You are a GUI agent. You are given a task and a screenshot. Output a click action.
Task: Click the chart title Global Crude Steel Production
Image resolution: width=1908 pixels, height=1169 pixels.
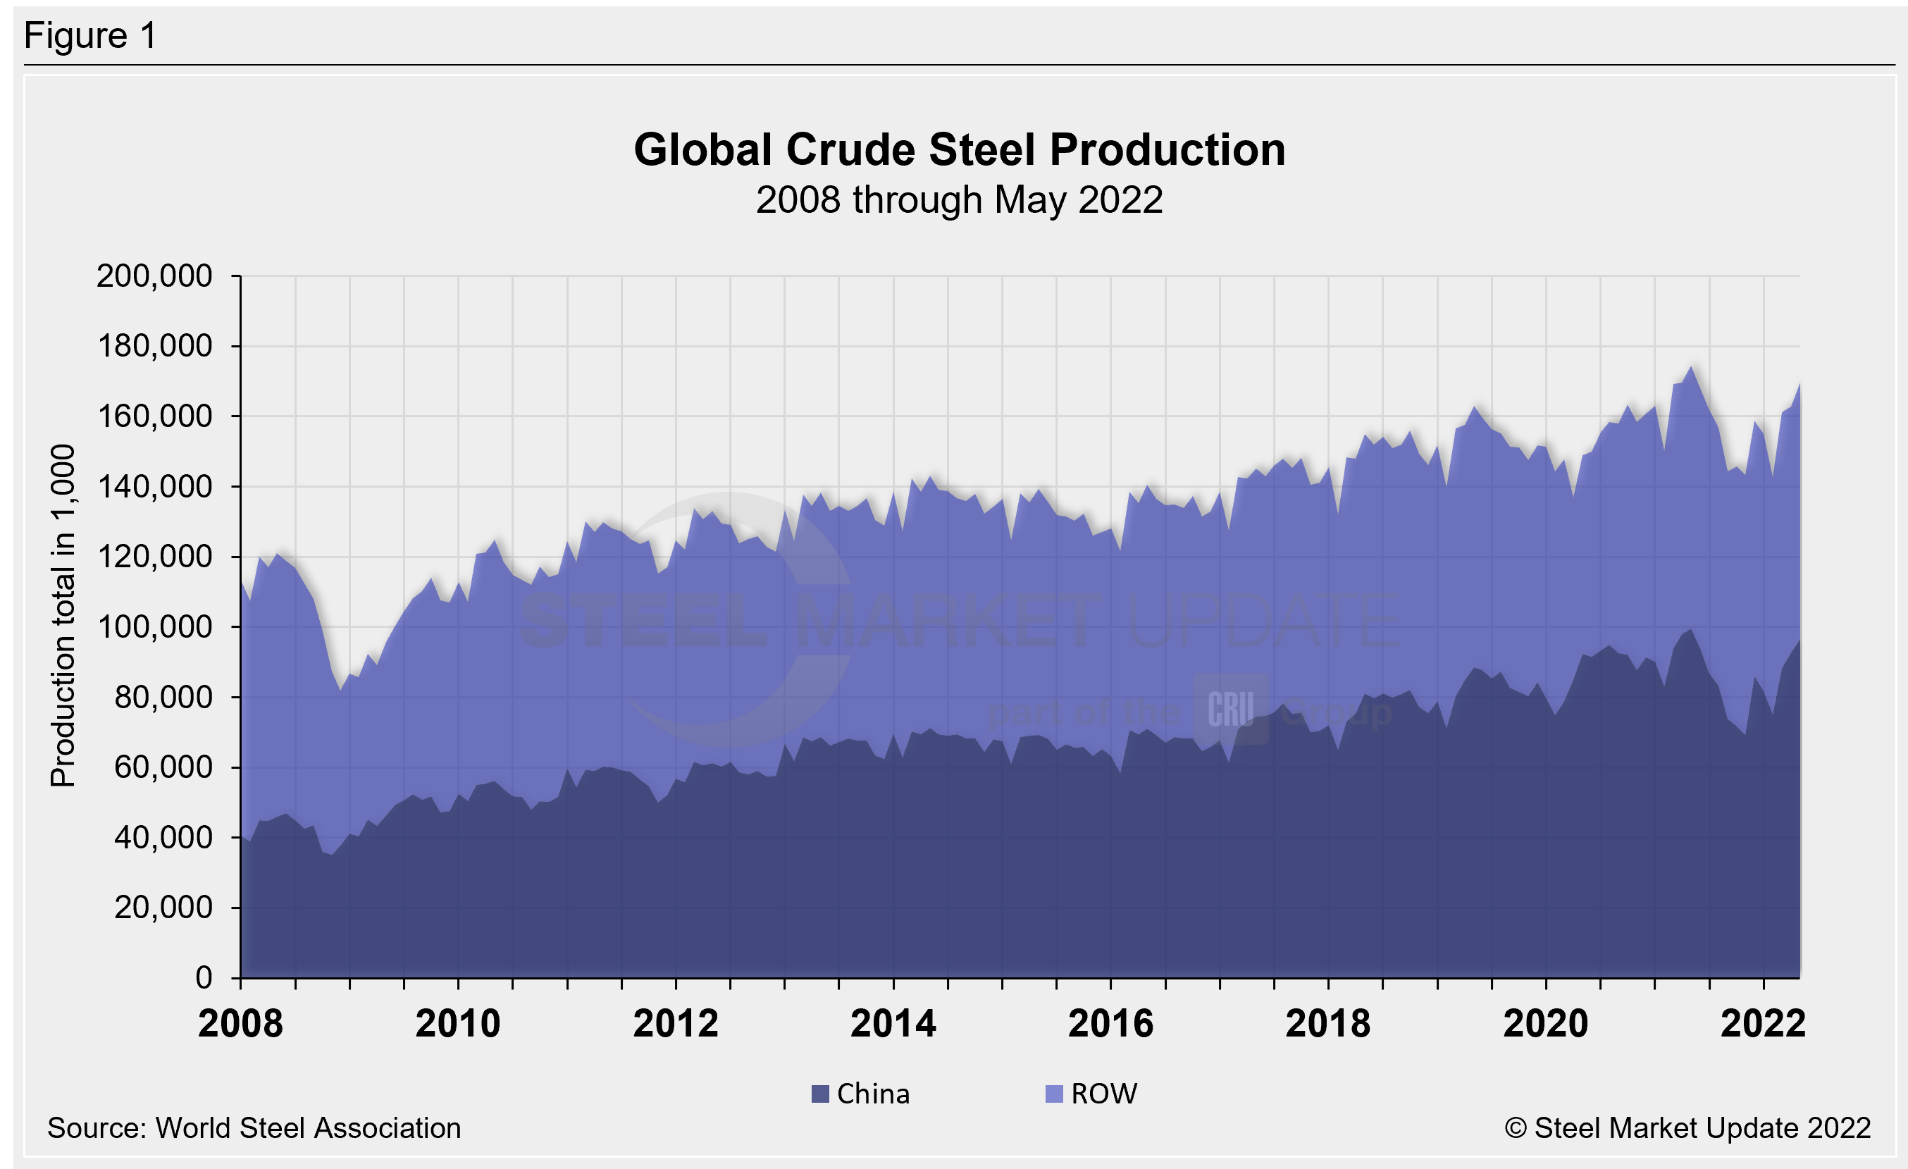(x=960, y=149)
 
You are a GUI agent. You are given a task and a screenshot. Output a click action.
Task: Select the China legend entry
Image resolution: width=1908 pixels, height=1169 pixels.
(x=861, y=1094)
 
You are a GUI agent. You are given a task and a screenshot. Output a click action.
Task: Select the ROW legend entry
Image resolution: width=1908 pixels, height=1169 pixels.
(x=1091, y=1094)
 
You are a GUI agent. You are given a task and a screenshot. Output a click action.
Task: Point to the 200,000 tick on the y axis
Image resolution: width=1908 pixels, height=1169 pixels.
(x=154, y=276)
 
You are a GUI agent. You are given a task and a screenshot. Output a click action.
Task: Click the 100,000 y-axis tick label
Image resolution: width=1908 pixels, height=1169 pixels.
(x=154, y=627)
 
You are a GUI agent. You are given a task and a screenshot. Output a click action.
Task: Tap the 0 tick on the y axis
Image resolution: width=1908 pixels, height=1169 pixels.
(x=204, y=978)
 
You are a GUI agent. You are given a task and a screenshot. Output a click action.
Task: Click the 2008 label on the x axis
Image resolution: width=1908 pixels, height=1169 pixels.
(x=241, y=1023)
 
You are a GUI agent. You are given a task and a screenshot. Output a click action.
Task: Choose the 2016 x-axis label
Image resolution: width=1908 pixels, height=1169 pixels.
(x=1110, y=1023)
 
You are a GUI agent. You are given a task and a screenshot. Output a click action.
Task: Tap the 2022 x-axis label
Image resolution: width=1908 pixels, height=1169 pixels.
(x=1763, y=1023)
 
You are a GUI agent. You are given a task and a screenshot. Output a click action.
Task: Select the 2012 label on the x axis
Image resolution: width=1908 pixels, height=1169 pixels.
(x=675, y=1023)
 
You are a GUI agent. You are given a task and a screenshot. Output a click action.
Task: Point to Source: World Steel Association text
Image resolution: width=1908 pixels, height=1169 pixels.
(x=254, y=1128)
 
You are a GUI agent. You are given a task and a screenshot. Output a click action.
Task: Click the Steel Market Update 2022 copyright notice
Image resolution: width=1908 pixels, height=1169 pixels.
(x=1687, y=1128)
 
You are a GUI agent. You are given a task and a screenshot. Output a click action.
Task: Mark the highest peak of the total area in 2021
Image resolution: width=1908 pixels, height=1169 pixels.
(x=1691, y=367)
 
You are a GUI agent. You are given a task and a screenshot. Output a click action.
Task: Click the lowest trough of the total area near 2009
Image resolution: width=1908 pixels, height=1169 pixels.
(x=340, y=690)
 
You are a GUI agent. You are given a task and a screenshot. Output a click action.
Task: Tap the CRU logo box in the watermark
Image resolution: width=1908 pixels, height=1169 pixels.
(x=1230, y=709)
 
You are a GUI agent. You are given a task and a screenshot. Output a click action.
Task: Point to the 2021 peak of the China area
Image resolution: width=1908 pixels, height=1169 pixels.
(x=1691, y=630)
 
